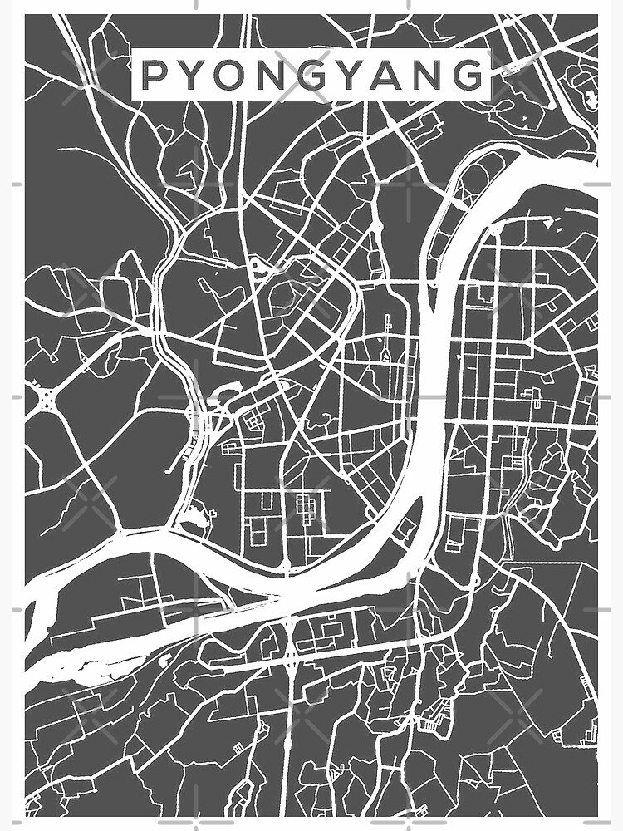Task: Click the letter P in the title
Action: (153, 76)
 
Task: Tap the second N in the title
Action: (432, 76)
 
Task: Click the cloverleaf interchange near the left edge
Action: (46, 400)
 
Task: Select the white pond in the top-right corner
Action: (591, 101)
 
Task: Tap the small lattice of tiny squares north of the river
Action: (307, 506)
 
